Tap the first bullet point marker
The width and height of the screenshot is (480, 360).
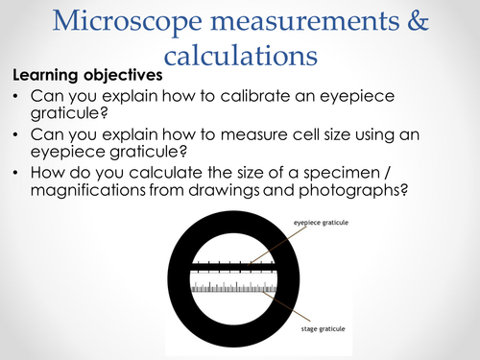click(17, 96)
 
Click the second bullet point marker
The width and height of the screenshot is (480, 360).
click(17, 132)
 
